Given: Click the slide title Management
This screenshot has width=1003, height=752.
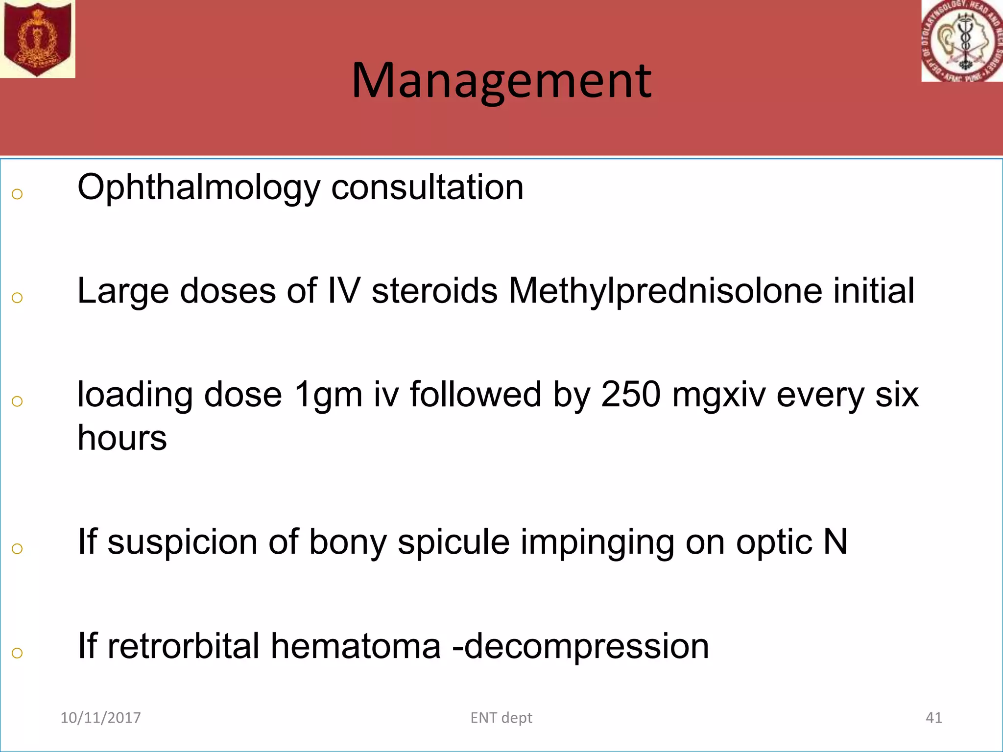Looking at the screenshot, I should click(501, 81).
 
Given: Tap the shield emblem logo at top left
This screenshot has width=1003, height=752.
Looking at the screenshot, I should click(37, 38).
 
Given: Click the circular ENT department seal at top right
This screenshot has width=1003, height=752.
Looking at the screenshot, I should click(962, 41).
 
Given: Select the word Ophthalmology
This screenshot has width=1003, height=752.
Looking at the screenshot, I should click(198, 188).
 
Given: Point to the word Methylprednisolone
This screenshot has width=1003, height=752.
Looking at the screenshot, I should click(665, 291).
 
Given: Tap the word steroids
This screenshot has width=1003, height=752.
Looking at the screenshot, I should click(434, 291).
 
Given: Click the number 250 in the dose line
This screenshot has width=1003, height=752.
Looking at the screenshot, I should click(631, 395).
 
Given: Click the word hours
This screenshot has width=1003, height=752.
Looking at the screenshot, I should click(122, 438).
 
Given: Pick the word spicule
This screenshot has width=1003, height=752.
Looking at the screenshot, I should click(454, 542).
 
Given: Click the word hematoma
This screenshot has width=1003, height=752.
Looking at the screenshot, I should click(356, 646).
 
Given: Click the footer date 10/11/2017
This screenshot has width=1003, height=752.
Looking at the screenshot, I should click(100, 718).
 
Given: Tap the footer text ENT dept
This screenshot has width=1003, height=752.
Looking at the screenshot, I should click(501, 718).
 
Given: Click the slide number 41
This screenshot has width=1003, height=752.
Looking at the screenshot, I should click(933, 718).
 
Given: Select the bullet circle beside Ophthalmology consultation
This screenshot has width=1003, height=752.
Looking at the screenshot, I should click(17, 194).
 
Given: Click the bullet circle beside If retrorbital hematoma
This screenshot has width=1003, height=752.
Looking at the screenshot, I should click(17, 653).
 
